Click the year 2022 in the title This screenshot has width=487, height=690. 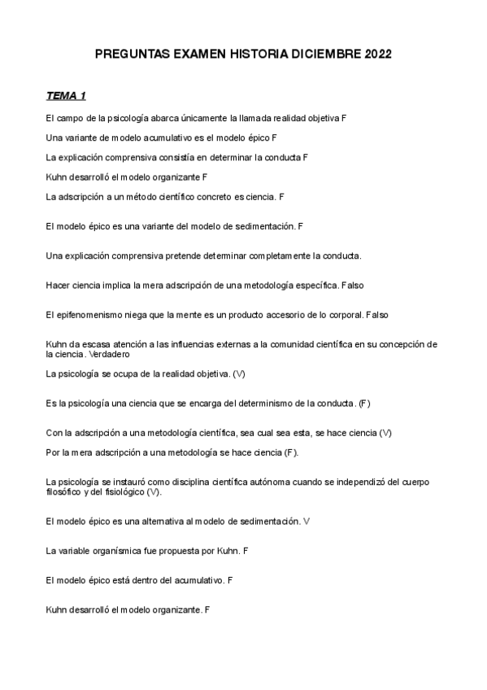coord(378,55)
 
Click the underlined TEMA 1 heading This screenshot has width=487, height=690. coord(67,97)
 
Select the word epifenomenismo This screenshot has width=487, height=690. coord(88,313)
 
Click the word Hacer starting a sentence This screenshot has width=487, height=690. coord(58,285)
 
